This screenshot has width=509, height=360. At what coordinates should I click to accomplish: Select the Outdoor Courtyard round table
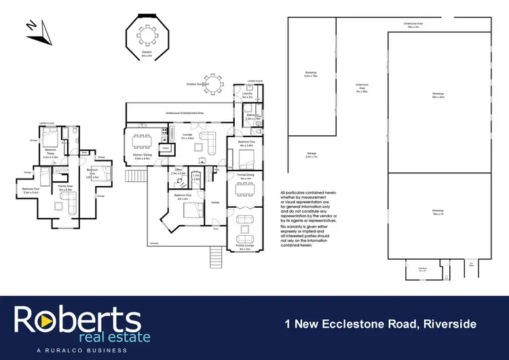point(214,84)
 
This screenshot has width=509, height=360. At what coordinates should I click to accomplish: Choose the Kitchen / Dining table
point(142,142)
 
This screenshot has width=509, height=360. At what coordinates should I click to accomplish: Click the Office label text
point(178,169)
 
